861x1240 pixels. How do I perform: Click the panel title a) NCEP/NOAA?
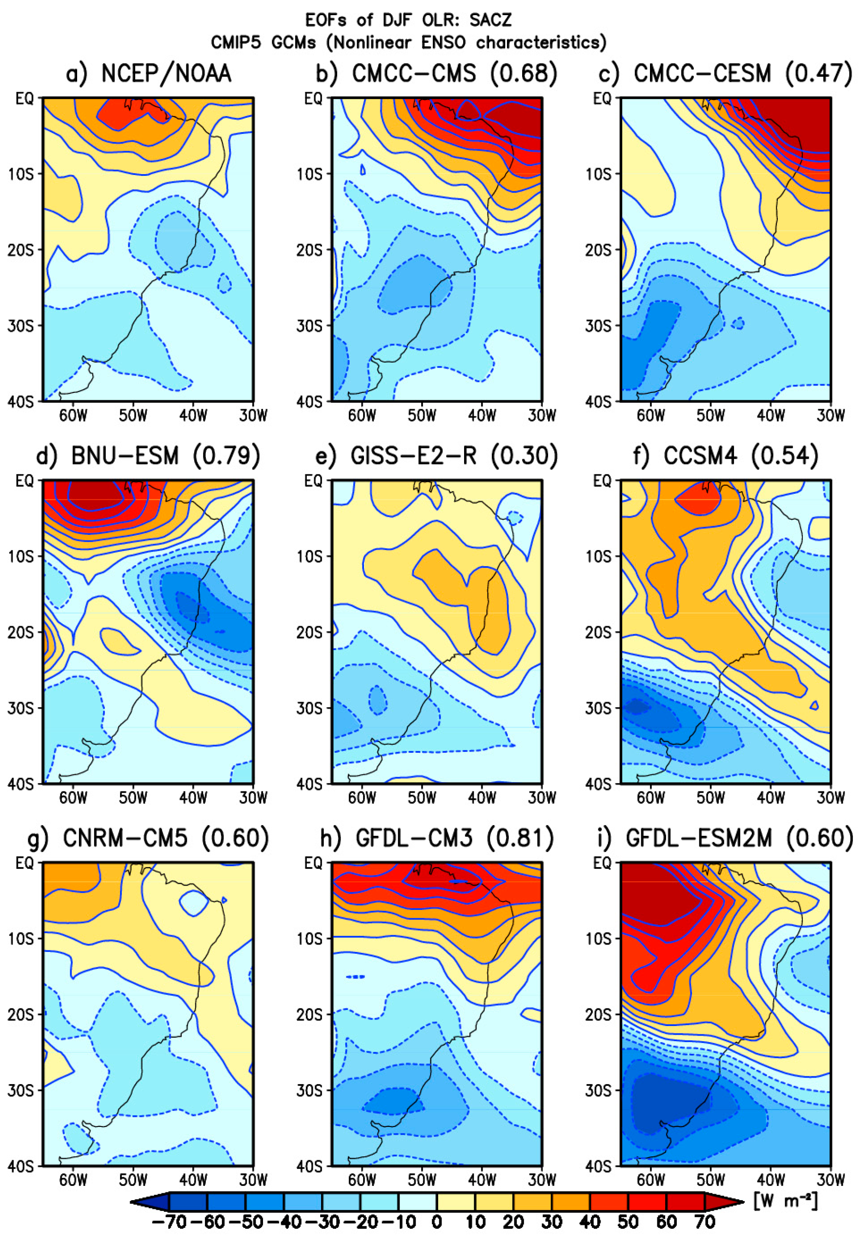click(x=148, y=73)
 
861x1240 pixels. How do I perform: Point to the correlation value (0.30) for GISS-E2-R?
click(x=524, y=456)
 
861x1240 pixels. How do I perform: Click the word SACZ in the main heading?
click(x=490, y=20)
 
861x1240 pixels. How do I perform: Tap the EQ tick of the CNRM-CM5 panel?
click(x=24, y=863)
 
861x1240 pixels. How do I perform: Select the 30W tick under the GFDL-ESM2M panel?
click(x=830, y=1180)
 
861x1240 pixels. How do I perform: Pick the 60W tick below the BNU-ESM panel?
click(x=73, y=797)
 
